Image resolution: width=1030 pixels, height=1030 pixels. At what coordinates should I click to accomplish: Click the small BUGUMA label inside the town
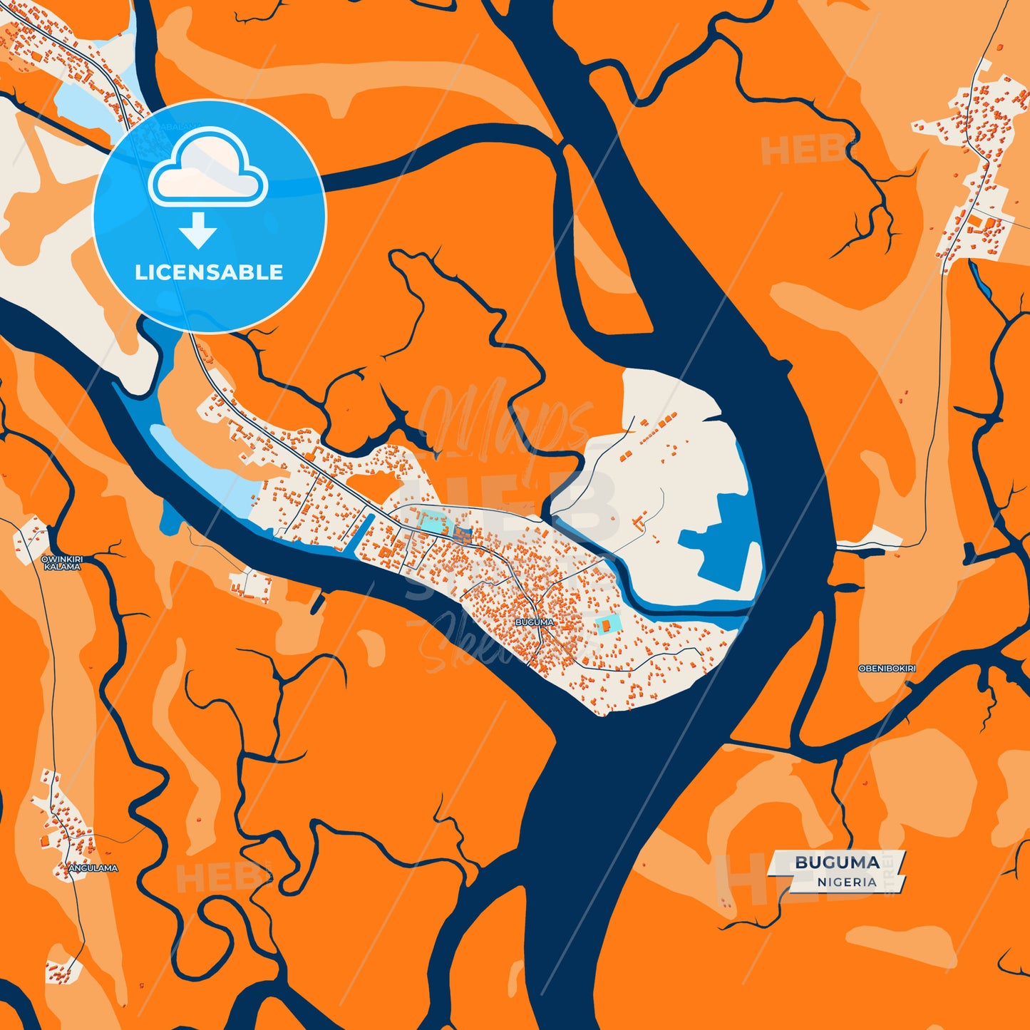click(534, 622)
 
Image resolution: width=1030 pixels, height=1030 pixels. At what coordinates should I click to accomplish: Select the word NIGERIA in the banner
click(847, 882)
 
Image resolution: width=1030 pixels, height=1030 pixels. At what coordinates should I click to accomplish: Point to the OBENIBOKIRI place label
click(887, 669)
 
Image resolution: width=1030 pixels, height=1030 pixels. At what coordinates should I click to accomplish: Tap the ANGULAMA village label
click(93, 868)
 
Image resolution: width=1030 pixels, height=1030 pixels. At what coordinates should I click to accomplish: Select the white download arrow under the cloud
click(198, 230)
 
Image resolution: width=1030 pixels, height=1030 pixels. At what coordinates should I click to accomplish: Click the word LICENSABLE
click(209, 272)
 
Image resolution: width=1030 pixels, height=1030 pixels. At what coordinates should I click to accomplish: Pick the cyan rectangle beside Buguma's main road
click(432, 522)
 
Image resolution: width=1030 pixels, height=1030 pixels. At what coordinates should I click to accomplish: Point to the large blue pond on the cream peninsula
click(720, 556)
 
